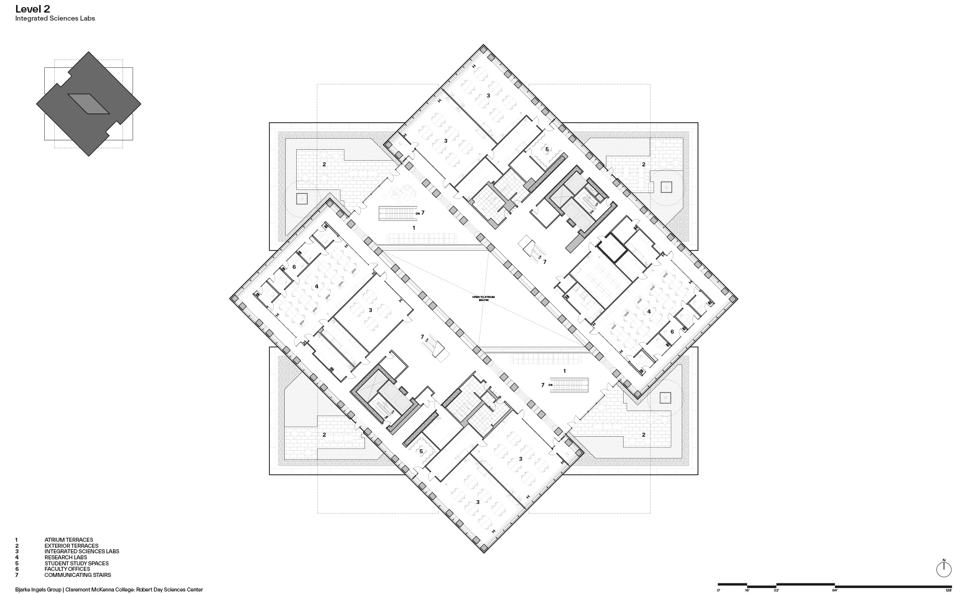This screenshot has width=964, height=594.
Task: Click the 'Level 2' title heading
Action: [x=33, y=9]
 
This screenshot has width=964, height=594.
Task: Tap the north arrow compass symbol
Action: [x=944, y=569]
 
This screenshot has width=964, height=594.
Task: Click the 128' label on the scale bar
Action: [x=948, y=590]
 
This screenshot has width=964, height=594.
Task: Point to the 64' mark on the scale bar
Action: [x=835, y=590]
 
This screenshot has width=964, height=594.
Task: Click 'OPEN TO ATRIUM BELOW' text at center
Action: [x=483, y=298]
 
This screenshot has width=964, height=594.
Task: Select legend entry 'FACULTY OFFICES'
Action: [x=67, y=569]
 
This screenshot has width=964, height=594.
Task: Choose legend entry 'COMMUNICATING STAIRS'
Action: [x=77, y=575]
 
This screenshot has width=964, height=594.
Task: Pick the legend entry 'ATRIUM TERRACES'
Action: [x=68, y=540]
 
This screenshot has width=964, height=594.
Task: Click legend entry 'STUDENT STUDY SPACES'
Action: [x=76, y=563]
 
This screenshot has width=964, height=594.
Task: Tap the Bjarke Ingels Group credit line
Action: [x=109, y=589]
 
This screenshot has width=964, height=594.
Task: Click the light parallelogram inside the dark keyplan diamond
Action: [x=88, y=104]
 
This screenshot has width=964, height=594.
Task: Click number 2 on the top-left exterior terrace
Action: [x=324, y=164]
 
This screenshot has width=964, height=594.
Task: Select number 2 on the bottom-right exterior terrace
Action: [x=644, y=435]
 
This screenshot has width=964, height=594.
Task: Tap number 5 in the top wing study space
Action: [x=547, y=149]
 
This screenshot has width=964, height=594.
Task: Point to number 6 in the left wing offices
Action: [x=294, y=267]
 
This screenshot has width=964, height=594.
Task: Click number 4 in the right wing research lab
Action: [x=649, y=312]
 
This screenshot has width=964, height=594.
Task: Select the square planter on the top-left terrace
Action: [x=301, y=199]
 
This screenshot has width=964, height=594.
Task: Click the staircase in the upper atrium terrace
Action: [x=397, y=214]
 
